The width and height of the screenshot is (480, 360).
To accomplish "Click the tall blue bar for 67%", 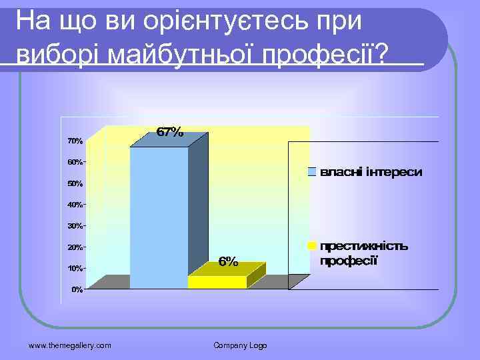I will [159, 217].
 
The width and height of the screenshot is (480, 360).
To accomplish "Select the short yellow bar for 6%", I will [217, 281].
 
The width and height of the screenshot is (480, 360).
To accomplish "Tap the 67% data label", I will [169, 132].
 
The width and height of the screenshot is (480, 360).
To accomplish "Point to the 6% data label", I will [228, 262].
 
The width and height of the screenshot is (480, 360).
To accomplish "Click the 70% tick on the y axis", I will [75, 141].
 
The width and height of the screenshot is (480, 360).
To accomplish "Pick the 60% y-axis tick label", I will [75, 162].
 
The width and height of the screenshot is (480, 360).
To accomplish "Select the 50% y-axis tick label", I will [75, 183].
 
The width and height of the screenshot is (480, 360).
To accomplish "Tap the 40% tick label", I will [75, 205].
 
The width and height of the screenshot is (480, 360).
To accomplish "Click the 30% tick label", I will [75, 226].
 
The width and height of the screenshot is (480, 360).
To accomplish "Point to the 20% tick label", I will [75, 247].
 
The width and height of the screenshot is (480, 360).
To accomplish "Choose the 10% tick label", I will [75, 269].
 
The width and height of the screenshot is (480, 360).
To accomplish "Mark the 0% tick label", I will [77, 290].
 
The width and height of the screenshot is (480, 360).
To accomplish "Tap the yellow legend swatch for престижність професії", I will [311, 245].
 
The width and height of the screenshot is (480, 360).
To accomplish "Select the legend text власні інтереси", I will [371, 173].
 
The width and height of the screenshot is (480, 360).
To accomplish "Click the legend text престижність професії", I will [364, 253].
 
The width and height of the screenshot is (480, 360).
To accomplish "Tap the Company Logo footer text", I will [240, 345].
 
